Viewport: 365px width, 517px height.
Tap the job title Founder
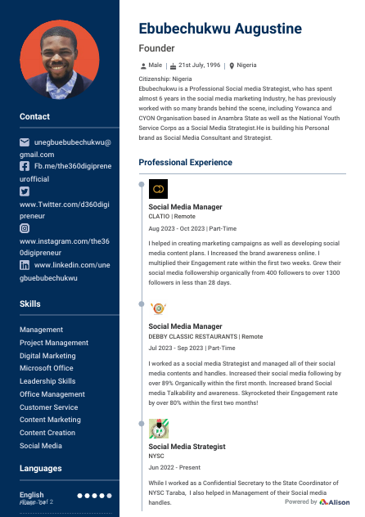coord(158,49)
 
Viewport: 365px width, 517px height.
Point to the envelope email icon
coord(25,142)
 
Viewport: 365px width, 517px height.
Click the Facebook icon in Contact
coord(25,165)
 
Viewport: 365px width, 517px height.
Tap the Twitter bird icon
coord(25,190)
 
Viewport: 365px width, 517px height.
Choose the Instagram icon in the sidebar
coord(25,229)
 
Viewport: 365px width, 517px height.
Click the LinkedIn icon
coord(25,266)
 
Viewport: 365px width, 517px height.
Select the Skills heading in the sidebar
coord(30,303)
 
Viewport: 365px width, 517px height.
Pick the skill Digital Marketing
coord(47,356)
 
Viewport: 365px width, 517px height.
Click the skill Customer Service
coord(48,407)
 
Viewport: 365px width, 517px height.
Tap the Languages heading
coord(40,469)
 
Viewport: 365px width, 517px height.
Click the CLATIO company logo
coord(159,189)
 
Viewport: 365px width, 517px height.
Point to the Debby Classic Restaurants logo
coord(159,308)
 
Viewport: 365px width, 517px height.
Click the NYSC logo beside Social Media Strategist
coord(159,428)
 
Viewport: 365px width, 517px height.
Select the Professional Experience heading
coord(185,163)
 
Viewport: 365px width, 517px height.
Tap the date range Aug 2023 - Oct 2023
coord(176,228)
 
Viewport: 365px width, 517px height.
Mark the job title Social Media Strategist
coord(187,447)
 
